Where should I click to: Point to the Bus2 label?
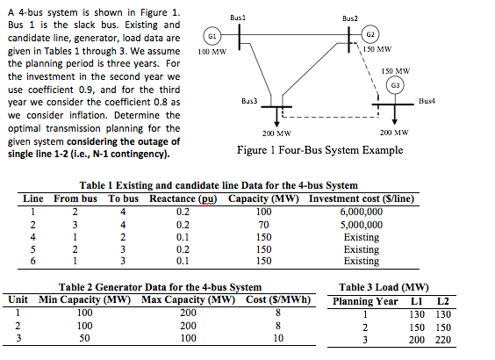[350, 18]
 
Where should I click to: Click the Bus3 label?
[248, 103]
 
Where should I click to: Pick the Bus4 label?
[429, 103]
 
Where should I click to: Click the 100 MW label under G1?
[212, 53]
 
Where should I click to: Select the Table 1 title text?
[218, 186]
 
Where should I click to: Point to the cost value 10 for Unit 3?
[278, 337]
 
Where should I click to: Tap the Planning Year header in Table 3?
[363, 301]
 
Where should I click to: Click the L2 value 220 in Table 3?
[442, 339]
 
